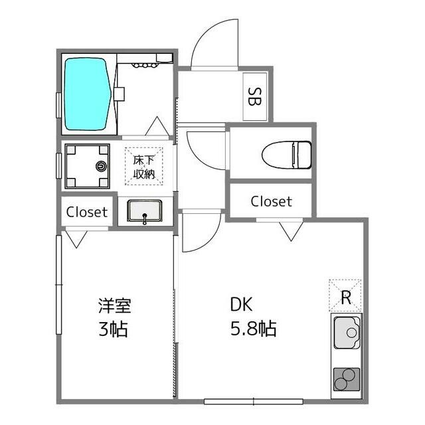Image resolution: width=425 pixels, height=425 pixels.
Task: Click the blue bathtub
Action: pyautogui.click(x=88, y=94)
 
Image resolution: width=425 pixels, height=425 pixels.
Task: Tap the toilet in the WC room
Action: pyautogui.click(x=286, y=155)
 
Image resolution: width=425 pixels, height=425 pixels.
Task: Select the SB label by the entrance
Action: pyautogui.click(x=255, y=96)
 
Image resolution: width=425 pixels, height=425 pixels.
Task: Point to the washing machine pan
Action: pyautogui.click(x=87, y=166)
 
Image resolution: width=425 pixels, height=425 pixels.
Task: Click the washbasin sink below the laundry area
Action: pyautogui.click(x=145, y=211)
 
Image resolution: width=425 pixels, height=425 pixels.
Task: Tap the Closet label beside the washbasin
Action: pyautogui.click(x=87, y=212)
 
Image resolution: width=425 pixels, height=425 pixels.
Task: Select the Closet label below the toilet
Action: pyautogui.click(x=272, y=201)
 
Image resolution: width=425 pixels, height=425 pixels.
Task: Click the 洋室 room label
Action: pyautogui.click(x=115, y=305)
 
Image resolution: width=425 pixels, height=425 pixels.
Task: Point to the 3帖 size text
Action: pyautogui.click(x=113, y=329)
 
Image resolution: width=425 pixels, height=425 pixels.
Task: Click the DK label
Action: pyautogui.click(x=241, y=304)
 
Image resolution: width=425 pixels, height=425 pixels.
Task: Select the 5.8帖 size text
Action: pyautogui.click(x=254, y=329)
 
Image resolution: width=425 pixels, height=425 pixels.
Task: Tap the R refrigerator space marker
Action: pyautogui.click(x=346, y=297)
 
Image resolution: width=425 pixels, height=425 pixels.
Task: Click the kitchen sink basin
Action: pyautogui.click(x=347, y=333)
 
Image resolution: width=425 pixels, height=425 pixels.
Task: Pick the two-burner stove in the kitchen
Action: pyautogui.click(x=347, y=379)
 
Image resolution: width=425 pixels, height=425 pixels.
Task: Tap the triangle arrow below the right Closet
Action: pyautogui.click(x=291, y=231)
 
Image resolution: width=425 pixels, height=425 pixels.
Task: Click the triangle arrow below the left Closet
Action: pyautogui.click(x=77, y=239)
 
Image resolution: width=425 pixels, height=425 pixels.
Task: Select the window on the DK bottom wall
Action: pyautogui.click(x=254, y=401)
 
